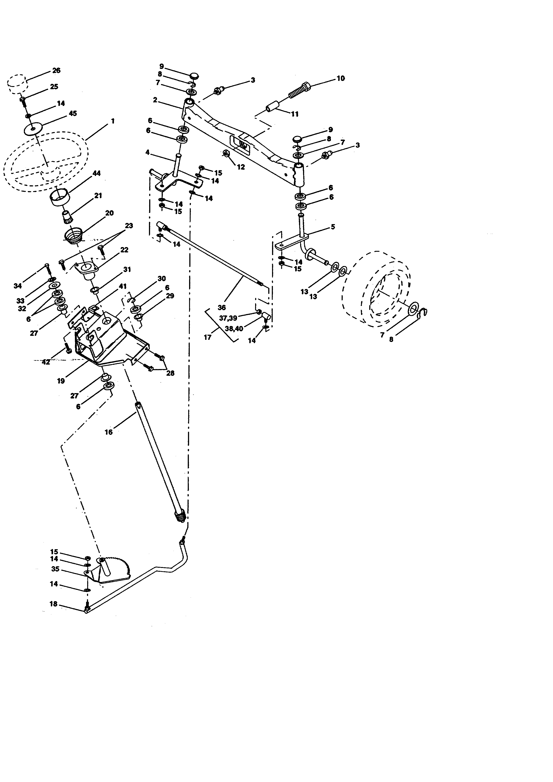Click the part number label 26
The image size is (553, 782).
coord(56,70)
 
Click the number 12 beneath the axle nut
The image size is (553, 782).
coord(241,167)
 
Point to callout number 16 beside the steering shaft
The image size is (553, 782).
coord(108,432)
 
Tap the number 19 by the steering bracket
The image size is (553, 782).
coord(61,381)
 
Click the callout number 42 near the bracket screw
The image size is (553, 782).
coord(46,362)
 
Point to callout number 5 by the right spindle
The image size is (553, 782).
coord(333,227)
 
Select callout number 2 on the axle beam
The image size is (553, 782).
coord(155,100)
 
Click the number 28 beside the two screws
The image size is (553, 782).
coord(170,373)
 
